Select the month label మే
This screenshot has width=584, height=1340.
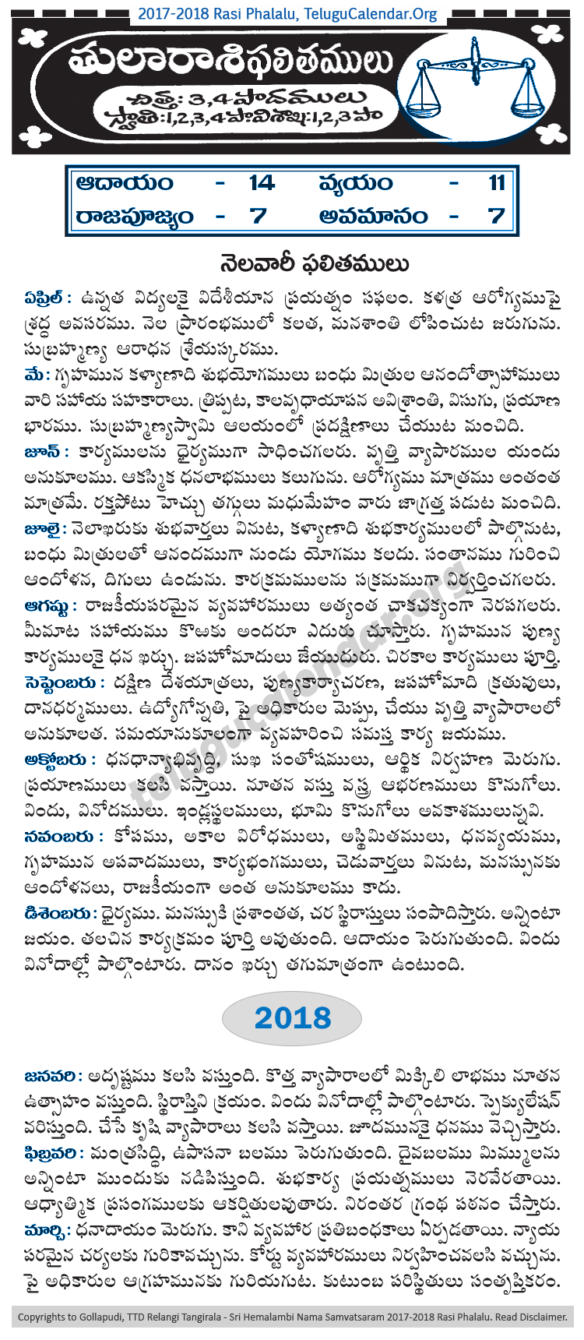pos(35,376)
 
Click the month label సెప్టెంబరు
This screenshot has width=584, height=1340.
pos(64,682)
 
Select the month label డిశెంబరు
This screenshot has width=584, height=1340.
pos(60,913)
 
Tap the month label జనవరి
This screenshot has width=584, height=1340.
pos(53,1076)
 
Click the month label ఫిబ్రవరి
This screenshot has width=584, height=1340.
pos(54,1152)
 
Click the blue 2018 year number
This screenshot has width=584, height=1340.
pos(292,1017)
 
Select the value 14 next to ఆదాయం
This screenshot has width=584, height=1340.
pos(261,183)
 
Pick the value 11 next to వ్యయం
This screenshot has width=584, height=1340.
pos(497,183)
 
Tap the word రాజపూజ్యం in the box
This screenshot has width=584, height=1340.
pos(134,216)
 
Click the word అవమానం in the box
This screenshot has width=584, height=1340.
pos(373,216)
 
